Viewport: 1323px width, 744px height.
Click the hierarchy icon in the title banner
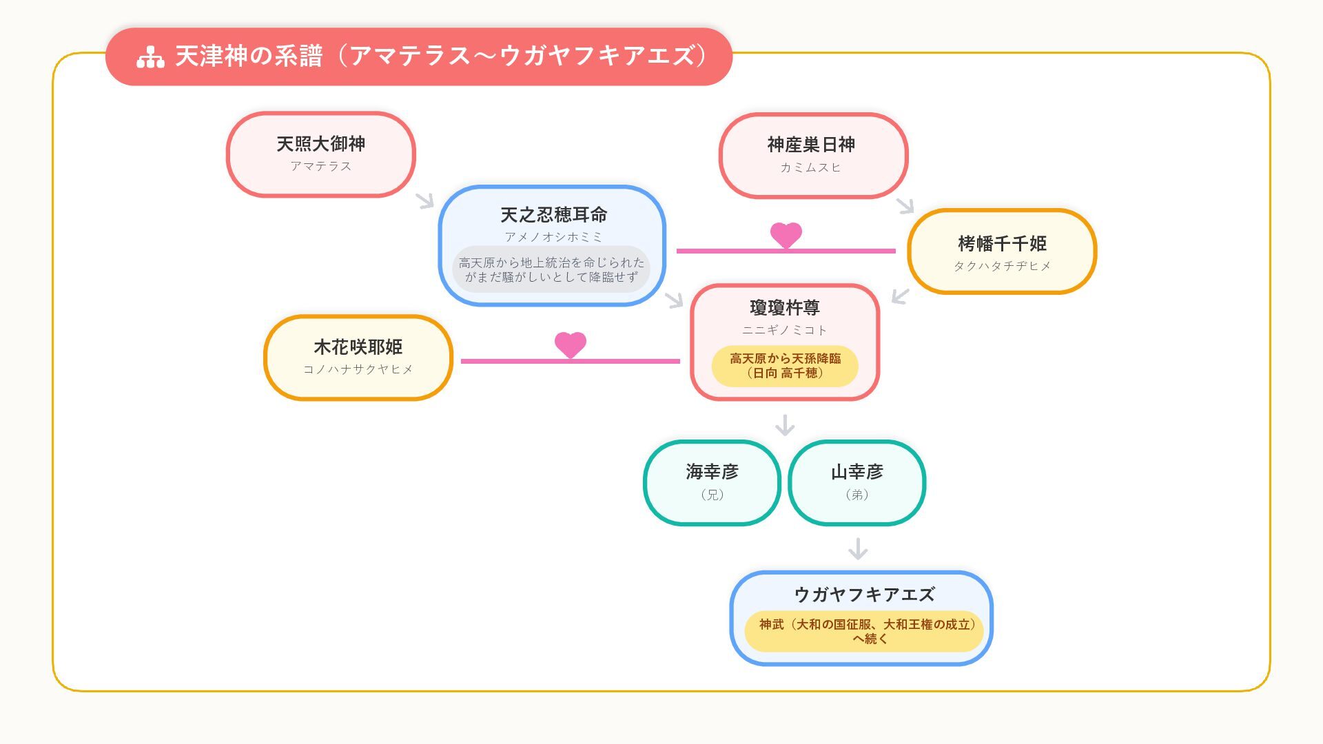[150, 57]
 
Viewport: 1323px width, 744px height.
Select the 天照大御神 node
[320, 154]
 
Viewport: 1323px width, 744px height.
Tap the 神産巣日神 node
[813, 156]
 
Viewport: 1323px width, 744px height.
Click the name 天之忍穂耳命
[553, 215]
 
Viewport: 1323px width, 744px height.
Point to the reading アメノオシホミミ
[553, 237]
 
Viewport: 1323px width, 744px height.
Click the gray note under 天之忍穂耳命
[551, 269]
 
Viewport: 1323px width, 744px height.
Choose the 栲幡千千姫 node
[1002, 251]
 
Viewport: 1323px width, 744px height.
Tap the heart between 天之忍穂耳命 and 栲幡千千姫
[786, 235]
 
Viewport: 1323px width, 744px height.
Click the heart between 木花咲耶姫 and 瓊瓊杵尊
[571, 344]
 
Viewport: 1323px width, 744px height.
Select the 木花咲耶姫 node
[358, 358]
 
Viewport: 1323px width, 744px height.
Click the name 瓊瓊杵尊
[785, 307]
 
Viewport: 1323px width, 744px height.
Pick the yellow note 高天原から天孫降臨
[785, 366]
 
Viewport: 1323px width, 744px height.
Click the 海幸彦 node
[712, 482]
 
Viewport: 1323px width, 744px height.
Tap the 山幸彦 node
[857, 482]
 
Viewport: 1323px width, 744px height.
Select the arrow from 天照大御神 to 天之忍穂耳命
[425, 200]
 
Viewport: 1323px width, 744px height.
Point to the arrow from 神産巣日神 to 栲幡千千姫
[905, 205]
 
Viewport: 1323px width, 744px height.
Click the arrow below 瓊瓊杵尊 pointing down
[785, 425]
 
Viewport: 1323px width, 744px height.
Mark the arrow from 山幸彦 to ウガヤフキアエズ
[858, 549]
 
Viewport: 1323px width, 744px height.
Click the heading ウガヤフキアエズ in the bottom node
[864, 594]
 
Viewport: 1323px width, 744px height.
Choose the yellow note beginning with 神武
[864, 631]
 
